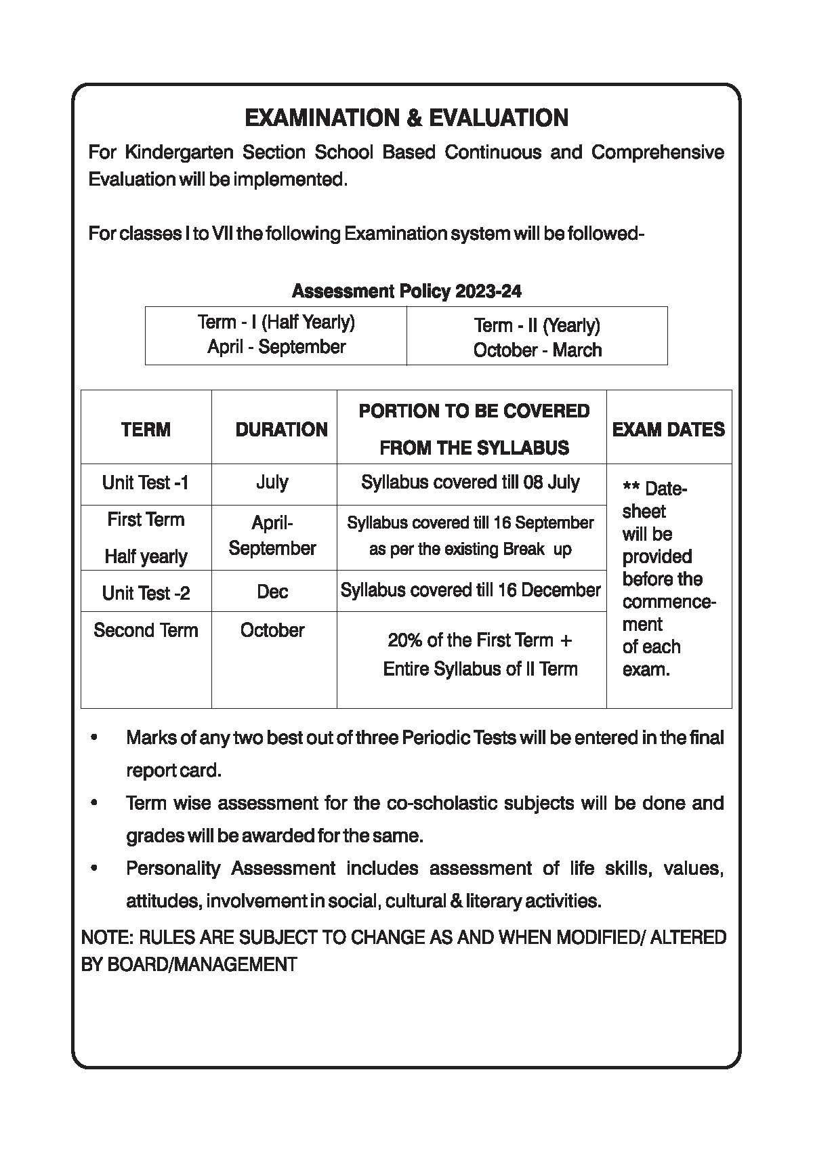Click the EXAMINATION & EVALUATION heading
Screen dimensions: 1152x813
pos(406,118)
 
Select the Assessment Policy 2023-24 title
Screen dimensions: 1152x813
pos(406,291)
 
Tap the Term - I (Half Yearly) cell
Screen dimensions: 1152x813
pos(276,335)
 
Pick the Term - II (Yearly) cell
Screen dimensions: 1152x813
pos(537,337)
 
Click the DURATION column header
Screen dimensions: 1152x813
pos(281,430)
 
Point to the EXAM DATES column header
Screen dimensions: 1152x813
pos(668,430)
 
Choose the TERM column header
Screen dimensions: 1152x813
pos(146,430)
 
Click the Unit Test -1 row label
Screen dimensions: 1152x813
pos(146,483)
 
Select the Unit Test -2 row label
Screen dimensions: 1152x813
pos(146,594)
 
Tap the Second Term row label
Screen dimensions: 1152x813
pos(146,630)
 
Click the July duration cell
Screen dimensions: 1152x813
pos(272,482)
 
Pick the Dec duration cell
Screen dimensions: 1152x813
pos(272,592)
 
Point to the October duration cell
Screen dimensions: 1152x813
pos(272,630)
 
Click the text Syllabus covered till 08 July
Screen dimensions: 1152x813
pos(470,482)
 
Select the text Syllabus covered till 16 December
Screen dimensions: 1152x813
pos(470,590)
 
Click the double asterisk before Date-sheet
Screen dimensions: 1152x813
pos(631,489)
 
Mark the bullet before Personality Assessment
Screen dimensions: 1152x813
pos(94,868)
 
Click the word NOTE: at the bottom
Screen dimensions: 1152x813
pos(107,938)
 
